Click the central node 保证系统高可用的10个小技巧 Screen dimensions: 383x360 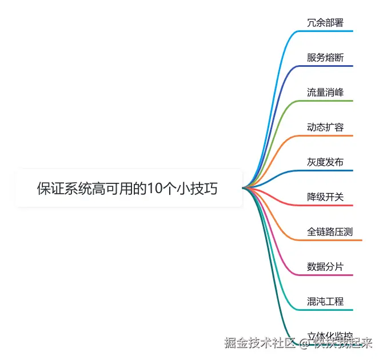click(127, 189)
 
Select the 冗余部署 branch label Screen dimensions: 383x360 click(325, 23)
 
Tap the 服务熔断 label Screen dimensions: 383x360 click(325, 58)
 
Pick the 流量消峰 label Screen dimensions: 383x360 click(325, 93)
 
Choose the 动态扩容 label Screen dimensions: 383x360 click(325, 127)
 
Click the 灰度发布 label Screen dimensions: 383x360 click(325, 162)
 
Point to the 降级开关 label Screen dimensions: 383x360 click(325, 197)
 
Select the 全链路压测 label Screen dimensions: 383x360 click(330, 232)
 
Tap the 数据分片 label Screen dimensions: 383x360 click(325, 267)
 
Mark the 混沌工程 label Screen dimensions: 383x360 click(325, 302)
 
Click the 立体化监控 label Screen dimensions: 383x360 click(330, 335)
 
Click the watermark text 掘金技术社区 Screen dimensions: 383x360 click(259, 343)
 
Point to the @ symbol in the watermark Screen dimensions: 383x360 click(304, 343)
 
